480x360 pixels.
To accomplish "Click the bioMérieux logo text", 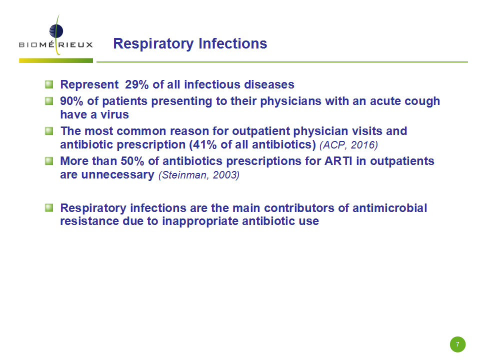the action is click(55, 44).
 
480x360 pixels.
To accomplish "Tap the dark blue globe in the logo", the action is click(56, 31).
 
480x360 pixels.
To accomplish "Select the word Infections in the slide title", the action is click(233, 43).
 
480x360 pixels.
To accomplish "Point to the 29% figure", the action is click(137, 84).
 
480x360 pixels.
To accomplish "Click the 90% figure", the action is click(71, 101).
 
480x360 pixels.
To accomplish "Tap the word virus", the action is click(115, 114).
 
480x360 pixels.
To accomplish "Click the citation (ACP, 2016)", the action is click(348, 145).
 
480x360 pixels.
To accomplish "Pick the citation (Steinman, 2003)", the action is click(199, 175).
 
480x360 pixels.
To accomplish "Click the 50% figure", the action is click(132, 161).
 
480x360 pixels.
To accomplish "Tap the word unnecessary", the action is click(118, 174).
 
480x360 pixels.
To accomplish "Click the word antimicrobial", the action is click(389, 208).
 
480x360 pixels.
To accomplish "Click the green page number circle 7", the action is click(457, 344).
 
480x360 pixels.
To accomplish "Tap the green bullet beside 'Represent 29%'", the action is click(49, 84).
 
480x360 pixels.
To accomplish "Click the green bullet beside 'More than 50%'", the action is click(49, 160).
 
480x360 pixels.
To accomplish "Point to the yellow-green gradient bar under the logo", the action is click(56, 60).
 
